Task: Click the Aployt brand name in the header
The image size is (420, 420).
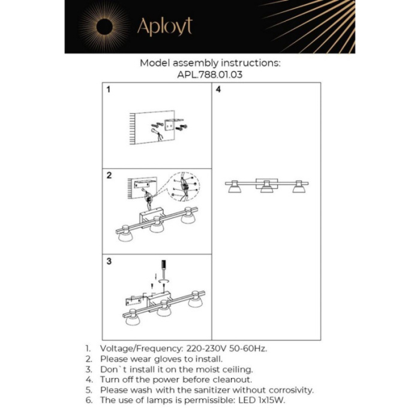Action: click(164, 27)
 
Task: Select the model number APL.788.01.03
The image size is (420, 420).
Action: click(210, 76)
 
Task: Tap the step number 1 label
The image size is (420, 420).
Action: click(109, 90)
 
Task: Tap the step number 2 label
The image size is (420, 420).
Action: click(109, 176)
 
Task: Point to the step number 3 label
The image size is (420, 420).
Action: click(109, 262)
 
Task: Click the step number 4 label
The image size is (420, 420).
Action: click(219, 90)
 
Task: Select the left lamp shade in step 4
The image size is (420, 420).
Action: click(234, 188)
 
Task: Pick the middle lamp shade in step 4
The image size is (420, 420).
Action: click(266, 189)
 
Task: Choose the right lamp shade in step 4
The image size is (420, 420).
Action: click(299, 188)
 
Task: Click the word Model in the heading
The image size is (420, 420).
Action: click(154, 62)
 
